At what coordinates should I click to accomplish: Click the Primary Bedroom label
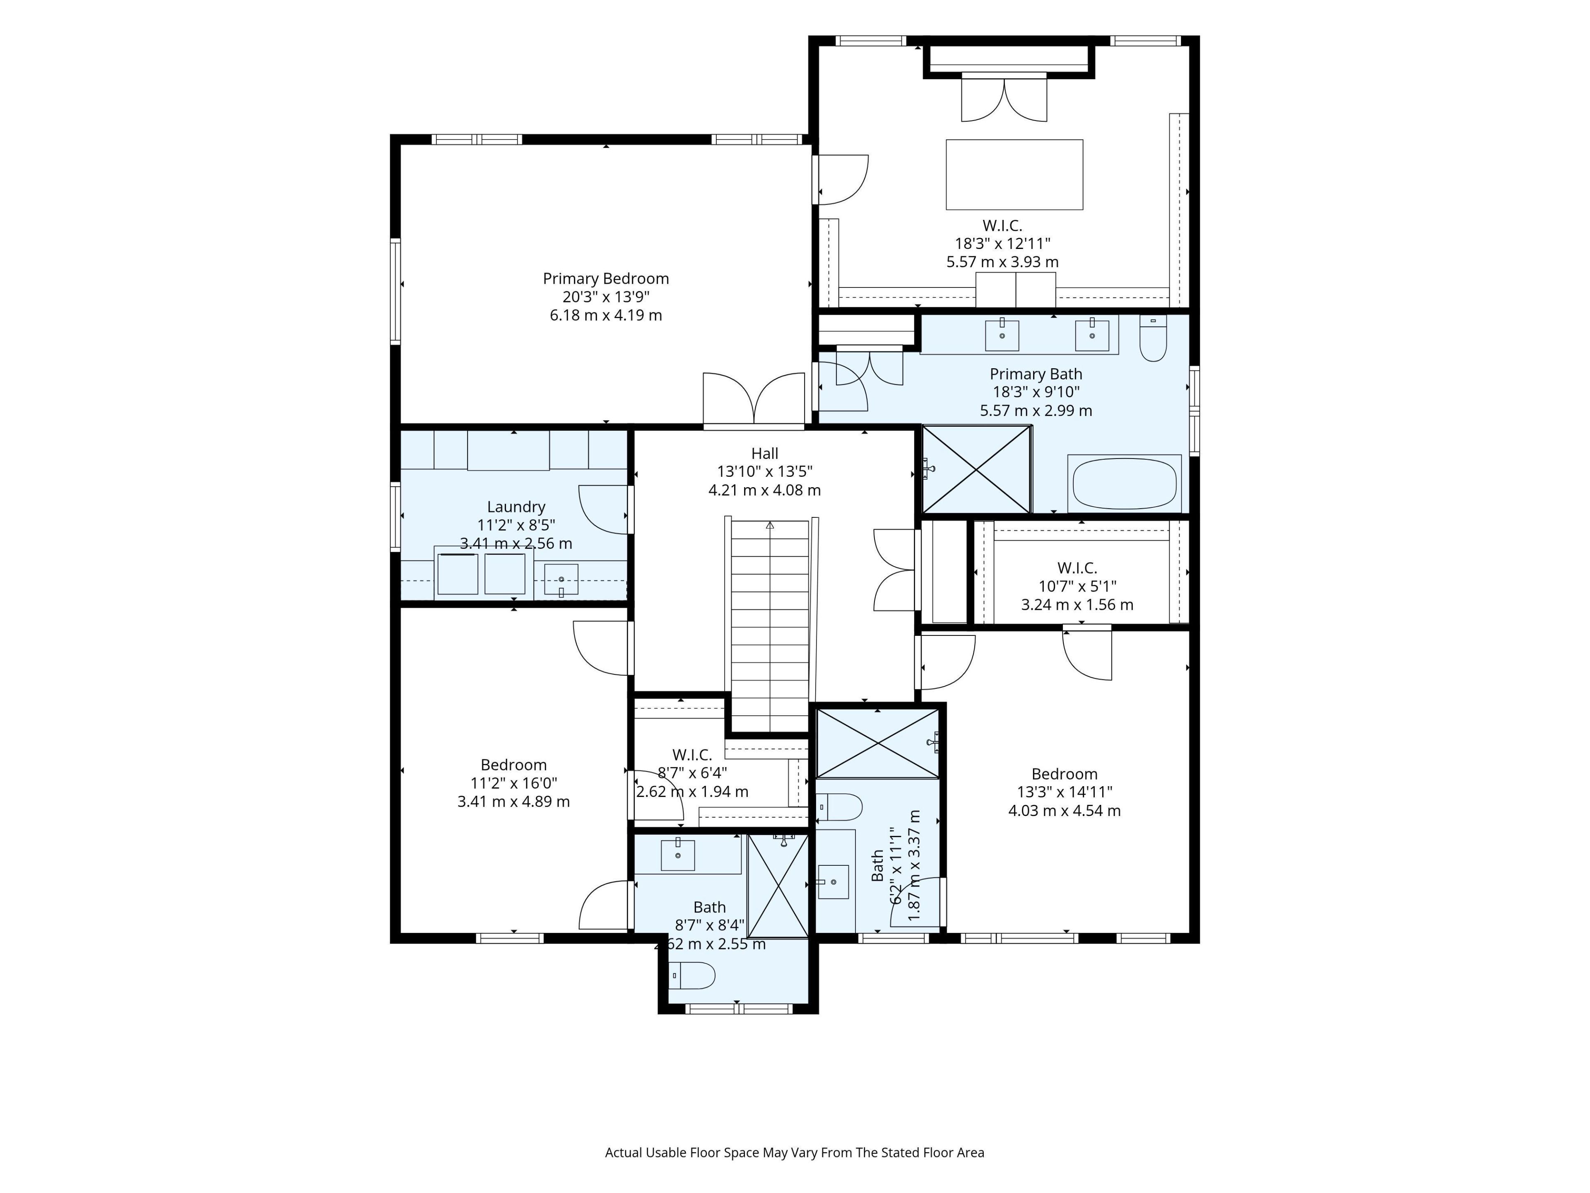click(x=606, y=278)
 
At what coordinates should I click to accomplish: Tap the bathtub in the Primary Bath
click(x=1124, y=483)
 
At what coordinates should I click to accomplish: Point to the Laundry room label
click(x=516, y=507)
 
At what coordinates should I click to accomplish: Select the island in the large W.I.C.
click(x=1014, y=175)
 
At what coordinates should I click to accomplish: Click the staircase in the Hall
click(x=770, y=625)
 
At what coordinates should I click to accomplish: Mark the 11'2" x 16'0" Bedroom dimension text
click(x=514, y=783)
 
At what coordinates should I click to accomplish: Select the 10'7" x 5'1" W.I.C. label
click(x=1077, y=568)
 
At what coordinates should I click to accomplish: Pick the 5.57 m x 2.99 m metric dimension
click(x=1036, y=411)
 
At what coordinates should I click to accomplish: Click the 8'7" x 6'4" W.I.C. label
click(x=692, y=755)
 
